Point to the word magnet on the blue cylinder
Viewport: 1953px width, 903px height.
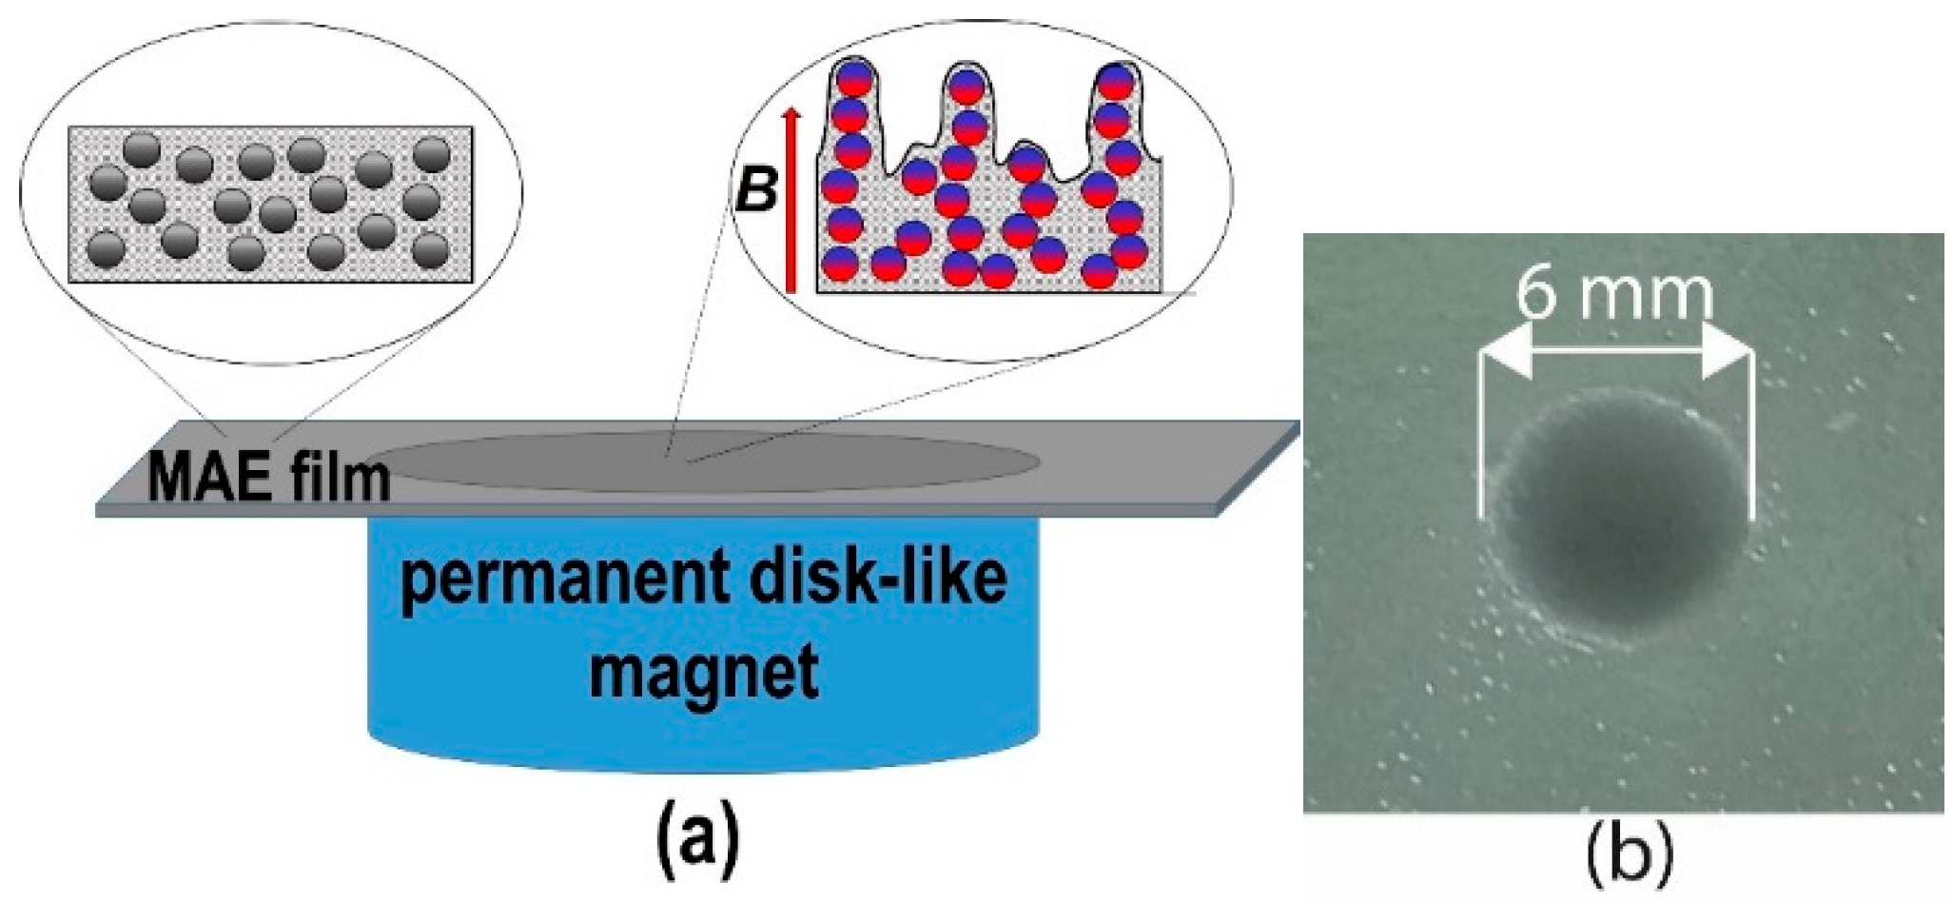703,672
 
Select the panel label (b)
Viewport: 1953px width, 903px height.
1629,854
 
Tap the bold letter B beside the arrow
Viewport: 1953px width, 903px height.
757,189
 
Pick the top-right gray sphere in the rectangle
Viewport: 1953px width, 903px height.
432,153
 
